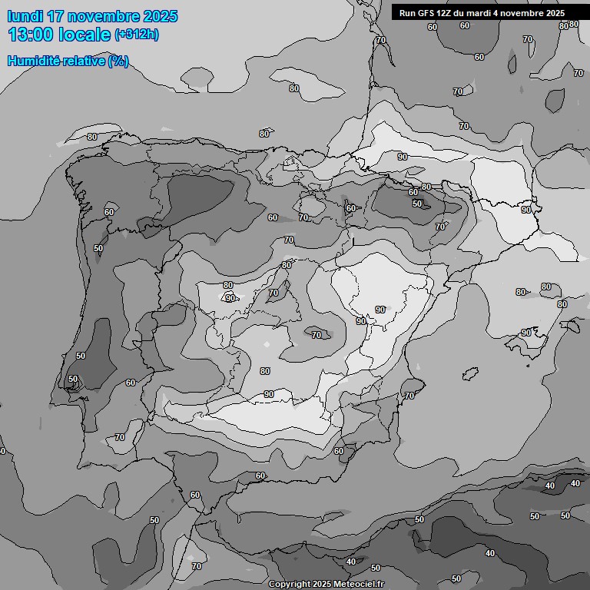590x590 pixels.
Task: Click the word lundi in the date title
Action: [25, 16]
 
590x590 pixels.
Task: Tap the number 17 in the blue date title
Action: [56, 16]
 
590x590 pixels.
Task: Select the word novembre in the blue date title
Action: [104, 16]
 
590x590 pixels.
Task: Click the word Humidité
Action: [31, 61]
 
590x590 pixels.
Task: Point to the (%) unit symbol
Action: [118, 61]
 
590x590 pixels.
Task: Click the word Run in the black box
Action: [408, 13]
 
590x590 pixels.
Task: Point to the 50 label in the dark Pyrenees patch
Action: [417, 204]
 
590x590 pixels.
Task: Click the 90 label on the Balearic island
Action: [525, 333]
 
